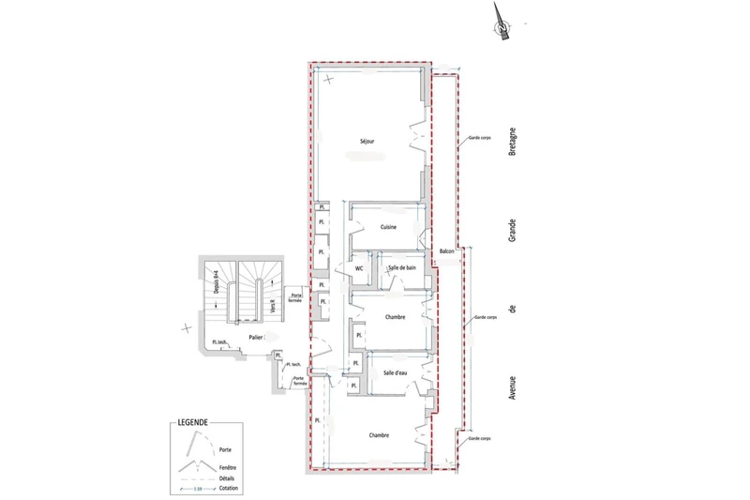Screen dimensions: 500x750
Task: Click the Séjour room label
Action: point(367,142)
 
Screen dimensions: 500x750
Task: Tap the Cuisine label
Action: point(389,228)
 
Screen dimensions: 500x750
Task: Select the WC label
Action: point(359,268)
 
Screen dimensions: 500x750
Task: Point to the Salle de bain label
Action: point(402,268)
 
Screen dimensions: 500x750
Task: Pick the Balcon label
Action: point(446,251)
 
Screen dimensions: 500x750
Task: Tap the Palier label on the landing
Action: point(255,335)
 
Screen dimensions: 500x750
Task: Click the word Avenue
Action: point(513,381)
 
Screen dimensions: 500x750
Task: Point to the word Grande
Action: point(513,226)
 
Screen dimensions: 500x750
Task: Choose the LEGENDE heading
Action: point(192,423)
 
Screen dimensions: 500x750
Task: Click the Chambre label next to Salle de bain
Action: point(394,317)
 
